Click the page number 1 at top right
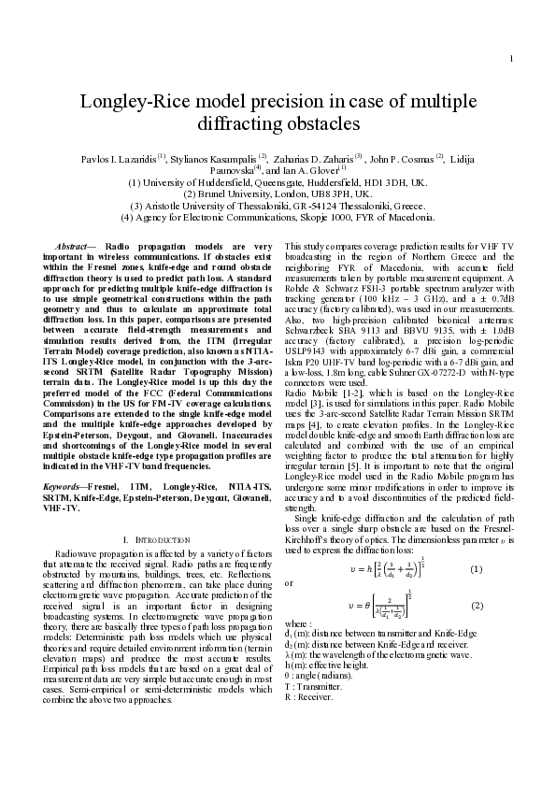pyautogui.click(x=512, y=35)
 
